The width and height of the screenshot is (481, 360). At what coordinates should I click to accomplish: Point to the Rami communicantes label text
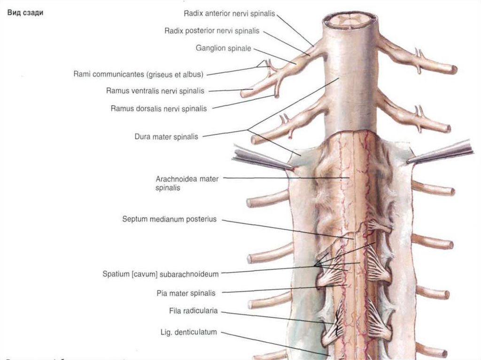pyautogui.click(x=138, y=74)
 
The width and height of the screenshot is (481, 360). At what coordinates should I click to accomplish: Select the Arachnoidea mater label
pyautogui.click(x=187, y=179)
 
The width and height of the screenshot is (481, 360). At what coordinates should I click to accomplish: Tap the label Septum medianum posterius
pyautogui.click(x=169, y=219)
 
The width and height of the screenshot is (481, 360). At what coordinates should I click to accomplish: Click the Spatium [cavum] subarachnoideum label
pyautogui.click(x=161, y=273)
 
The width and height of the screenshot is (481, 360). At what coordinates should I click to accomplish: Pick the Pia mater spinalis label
pyautogui.click(x=186, y=293)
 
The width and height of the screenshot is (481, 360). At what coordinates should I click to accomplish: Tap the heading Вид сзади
pyautogui.click(x=25, y=13)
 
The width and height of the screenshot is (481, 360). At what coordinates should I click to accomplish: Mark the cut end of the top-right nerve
pyautogui.click(x=454, y=69)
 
